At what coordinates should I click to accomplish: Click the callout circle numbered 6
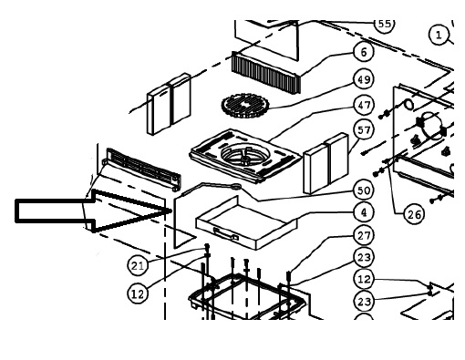click(x=364, y=52)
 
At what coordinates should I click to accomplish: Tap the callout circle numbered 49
click(x=364, y=79)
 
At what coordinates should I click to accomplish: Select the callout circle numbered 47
click(x=364, y=105)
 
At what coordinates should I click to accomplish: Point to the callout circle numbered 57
click(x=364, y=130)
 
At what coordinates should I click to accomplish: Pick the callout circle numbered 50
click(x=364, y=190)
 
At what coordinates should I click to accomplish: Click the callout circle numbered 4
click(x=364, y=212)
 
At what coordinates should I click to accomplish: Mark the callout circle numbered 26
click(x=414, y=214)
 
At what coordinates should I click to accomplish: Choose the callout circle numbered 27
click(x=364, y=235)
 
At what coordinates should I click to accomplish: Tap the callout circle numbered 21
click(x=138, y=266)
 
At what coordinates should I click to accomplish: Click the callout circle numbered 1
click(x=439, y=36)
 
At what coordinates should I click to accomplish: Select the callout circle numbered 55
click(x=385, y=24)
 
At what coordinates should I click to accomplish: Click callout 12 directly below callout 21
click(x=138, y=293)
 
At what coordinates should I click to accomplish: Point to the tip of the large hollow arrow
click(x=171, y=211)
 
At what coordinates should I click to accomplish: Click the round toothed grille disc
click(x=246, y=106)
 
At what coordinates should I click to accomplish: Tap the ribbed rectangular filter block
click(x=266, y=72)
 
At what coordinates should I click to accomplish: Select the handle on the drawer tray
click(x=226, y=233)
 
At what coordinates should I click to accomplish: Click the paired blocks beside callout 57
click(x=325, y=163)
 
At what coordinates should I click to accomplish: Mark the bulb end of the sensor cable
click(x=236, y=186)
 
